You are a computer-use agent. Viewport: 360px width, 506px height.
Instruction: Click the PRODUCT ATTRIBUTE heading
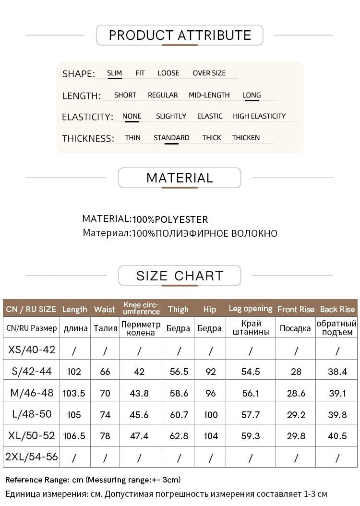(180, 35)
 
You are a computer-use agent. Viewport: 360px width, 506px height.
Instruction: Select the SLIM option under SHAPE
(114, 73)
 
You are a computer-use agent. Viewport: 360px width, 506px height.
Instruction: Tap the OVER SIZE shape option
(209, 73)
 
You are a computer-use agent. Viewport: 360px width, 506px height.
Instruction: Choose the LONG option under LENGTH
(252, 95)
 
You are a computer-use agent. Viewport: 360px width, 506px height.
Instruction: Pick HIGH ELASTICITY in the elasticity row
(259, 116)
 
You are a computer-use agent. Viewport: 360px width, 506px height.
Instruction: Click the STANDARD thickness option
(171, 138)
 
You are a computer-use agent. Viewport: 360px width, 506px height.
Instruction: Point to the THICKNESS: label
(88, 139)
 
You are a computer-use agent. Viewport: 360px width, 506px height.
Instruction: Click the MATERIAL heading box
(180, 178)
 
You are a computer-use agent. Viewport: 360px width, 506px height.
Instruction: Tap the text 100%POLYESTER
(170, 219)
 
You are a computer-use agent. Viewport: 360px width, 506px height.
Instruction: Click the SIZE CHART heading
(180, 276)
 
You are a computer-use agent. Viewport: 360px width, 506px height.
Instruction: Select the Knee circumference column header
(141, 308)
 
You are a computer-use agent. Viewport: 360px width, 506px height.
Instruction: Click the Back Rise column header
(337, 309)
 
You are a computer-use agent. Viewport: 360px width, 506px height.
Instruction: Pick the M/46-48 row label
(32, 393)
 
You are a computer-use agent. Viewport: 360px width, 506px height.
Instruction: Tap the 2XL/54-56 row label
(32, 457)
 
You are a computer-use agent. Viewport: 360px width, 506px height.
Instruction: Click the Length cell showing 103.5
(74, 393)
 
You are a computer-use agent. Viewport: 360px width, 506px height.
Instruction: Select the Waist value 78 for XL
(105, 436)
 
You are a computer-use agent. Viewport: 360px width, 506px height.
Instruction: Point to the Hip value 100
(210, 414)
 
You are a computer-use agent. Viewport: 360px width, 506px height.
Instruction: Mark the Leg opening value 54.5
(251, 372)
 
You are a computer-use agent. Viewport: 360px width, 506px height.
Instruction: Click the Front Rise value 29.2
(296, 414)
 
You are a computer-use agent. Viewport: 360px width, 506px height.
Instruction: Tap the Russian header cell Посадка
(295, 328)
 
